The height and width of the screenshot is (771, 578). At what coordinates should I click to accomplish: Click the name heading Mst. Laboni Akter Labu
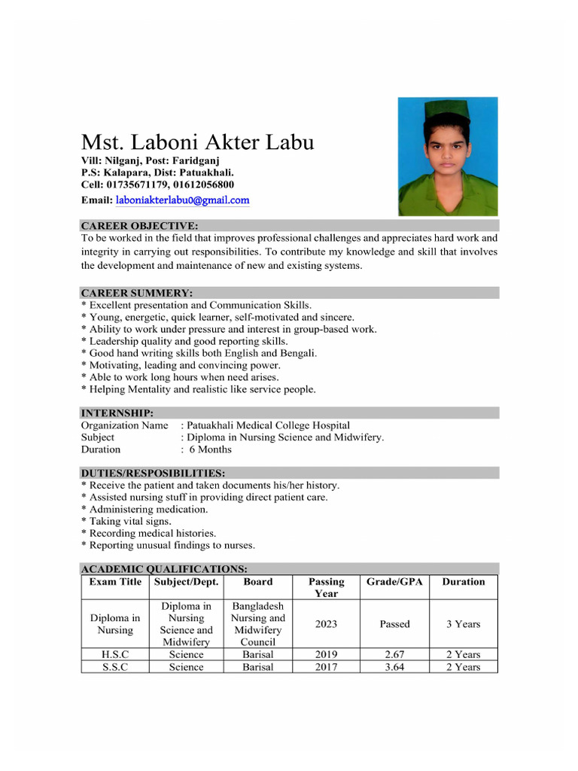198,142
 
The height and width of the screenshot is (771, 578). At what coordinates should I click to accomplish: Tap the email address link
182,200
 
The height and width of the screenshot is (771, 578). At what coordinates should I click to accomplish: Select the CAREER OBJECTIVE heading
139,225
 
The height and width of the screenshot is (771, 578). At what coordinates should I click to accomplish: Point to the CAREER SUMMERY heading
136,292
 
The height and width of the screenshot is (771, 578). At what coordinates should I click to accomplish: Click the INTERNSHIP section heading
117,413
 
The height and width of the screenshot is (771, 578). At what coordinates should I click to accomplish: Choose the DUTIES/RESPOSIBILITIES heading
153,473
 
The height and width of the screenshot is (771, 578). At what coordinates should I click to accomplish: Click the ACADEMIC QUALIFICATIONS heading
164,568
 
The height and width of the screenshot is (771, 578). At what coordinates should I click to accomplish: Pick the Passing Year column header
326,587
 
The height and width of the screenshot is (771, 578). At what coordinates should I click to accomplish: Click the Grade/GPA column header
394,581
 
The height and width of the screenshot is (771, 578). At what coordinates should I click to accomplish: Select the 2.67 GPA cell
394,654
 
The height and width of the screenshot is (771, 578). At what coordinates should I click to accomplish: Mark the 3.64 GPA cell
394,667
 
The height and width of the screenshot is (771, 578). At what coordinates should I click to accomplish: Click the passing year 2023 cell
326,624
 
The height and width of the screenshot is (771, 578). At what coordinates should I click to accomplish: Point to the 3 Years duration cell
463,624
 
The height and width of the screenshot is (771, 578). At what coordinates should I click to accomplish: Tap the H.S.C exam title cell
116,654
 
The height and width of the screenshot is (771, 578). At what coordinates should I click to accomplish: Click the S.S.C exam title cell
116,667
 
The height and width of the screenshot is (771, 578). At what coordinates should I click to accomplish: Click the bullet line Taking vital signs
130,521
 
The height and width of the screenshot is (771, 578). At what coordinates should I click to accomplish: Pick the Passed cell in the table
394,624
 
